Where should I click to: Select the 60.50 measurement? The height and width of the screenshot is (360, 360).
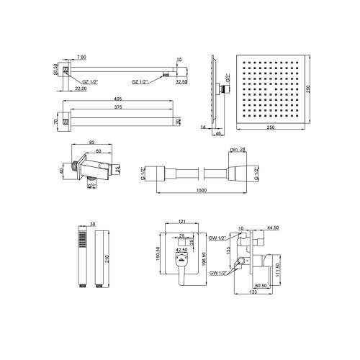click(x=261, y=284)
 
